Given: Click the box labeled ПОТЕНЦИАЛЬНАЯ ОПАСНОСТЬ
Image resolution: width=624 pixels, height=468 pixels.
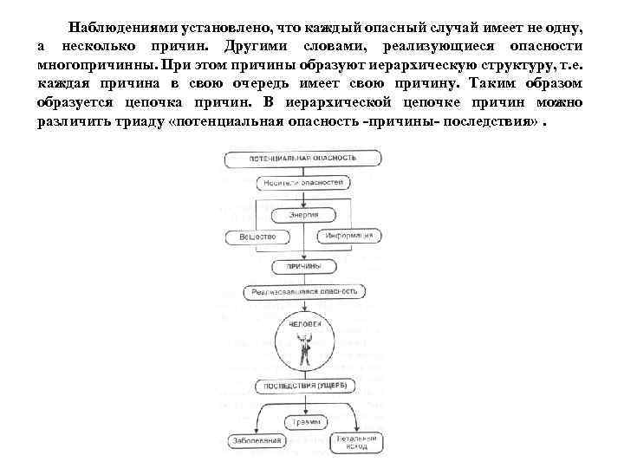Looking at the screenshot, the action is [302, 159].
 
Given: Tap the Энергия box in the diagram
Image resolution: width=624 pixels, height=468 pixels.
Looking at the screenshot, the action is [303, 213].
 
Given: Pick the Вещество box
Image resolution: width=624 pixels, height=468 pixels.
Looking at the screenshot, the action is [257, 237].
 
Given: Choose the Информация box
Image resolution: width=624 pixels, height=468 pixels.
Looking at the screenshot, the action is [348, 236].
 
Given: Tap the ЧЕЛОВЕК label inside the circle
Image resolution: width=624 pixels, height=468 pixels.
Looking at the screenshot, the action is [303, 323].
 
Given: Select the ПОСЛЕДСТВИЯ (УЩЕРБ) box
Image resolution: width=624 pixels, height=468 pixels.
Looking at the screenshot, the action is [302, 386].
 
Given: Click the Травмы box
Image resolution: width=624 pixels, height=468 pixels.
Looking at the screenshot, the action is [302, 422].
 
